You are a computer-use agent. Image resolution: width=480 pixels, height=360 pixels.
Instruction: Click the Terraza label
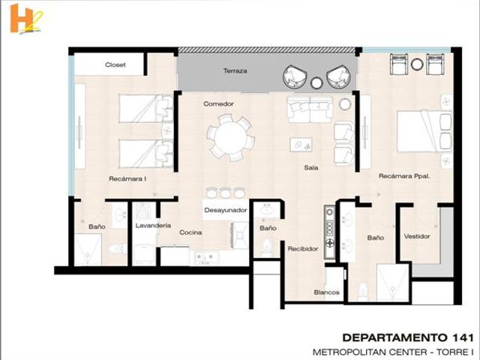pos(235,70)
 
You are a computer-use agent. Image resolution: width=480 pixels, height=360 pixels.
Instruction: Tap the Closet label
pos(115,65)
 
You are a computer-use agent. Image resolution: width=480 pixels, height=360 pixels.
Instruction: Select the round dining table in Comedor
pos(230,137)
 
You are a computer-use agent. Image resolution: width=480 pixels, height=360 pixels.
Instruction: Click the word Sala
pos(311,168)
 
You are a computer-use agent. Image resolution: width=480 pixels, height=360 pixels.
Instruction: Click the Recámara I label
pos(127,178)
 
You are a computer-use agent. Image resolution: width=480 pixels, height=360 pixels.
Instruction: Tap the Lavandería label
pos(153,226)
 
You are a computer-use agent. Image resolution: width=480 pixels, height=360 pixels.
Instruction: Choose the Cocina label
pos(190,232)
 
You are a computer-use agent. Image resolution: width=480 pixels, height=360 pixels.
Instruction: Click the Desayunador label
pos(226,210)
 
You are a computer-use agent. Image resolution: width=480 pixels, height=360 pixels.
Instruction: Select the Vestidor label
pos(417,236)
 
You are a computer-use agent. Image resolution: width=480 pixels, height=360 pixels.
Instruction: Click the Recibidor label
pos(303,249)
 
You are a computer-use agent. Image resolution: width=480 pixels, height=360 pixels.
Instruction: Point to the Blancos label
pos(327,292)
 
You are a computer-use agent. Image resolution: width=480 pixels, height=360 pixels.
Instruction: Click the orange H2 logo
pos(26,19)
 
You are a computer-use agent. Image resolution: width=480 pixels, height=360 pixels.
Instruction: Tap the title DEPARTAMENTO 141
pos(408,337)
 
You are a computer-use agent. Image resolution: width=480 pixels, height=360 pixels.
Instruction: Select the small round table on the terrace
pos(316,82)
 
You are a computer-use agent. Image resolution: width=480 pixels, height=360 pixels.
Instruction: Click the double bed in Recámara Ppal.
pos(424,131)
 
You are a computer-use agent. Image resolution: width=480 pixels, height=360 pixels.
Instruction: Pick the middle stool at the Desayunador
pos(225,193)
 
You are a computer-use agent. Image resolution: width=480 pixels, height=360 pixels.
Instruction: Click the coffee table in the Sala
pos(301,144)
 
